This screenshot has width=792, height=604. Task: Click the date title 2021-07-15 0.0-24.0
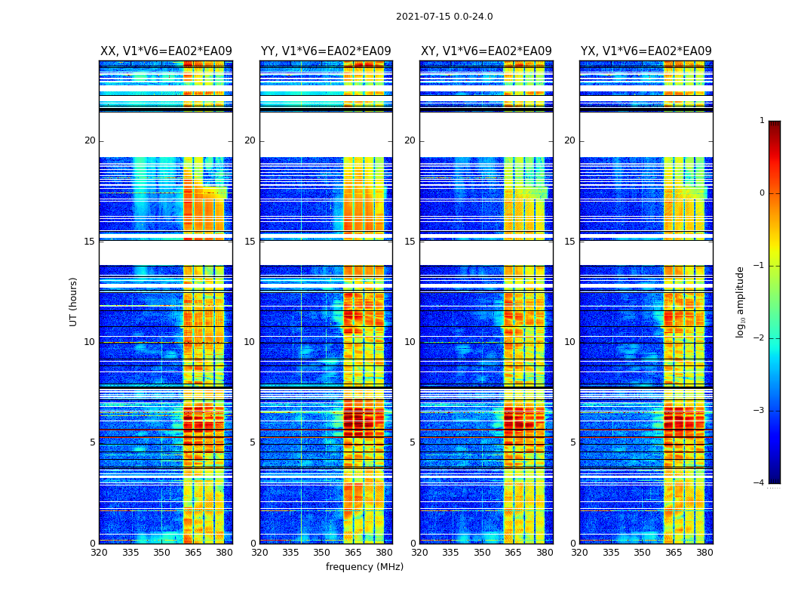click(444, 17)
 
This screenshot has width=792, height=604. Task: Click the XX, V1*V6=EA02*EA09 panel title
click(166, 51)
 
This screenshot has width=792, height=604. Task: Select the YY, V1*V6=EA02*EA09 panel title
click(326, 51)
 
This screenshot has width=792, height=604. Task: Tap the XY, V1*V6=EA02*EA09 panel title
click(487, 51)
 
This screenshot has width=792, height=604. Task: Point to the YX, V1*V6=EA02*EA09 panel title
click(646, 51)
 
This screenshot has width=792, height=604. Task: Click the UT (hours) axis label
click(74, 301)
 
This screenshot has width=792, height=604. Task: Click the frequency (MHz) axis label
click(364, 567)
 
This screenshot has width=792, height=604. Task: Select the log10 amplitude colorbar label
click(741, 301)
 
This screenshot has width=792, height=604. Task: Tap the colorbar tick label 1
click(762, 121)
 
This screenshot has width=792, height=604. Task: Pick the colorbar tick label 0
click(762, 193)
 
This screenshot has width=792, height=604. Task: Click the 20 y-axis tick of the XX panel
click(90, 140)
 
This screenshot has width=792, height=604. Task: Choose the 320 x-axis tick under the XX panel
click(99, 553)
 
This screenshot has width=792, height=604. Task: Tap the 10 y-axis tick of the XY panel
click(410, 342)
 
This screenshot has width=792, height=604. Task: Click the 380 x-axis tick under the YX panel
click(705, 553)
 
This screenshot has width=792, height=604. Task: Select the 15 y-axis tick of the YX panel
click(569, 242)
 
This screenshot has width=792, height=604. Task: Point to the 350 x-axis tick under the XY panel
click(482, 553)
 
